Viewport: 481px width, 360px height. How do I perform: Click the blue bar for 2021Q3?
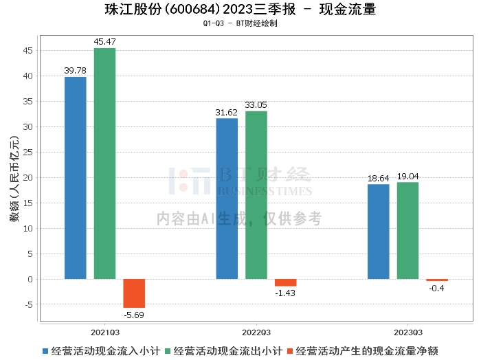pos(76,178)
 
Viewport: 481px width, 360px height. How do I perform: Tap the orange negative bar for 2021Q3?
pos(134,293)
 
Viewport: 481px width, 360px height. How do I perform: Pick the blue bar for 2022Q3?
pos(227,199)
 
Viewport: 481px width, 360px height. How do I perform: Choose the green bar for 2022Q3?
pos(256,195)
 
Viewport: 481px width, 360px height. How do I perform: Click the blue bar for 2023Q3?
pos(379,232)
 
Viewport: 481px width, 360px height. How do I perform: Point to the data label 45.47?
pos(104,42)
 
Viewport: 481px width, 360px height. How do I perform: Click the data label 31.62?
pos(227,112)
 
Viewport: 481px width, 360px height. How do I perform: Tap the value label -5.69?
pos(134,315)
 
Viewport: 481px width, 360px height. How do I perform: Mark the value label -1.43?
pos(285,293)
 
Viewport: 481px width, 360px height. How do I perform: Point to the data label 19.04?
pos(407,177)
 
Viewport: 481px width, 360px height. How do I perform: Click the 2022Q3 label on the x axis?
pos(256,330)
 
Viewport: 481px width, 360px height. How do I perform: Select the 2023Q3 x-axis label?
pos(407,330)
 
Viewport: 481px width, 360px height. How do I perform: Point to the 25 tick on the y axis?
pos(28,153)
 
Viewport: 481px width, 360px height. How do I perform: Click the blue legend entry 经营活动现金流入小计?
pos(100,350)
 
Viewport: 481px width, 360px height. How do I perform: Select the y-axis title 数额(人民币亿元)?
pos(13,178)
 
